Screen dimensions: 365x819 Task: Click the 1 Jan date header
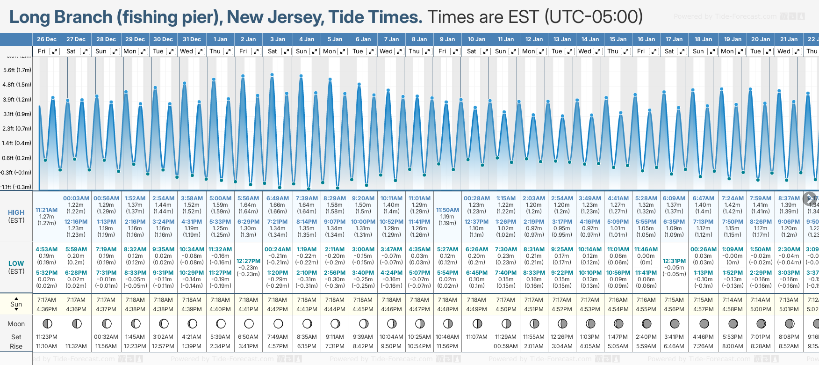coord(220,39)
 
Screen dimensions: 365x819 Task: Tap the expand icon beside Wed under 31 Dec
coord(200,51)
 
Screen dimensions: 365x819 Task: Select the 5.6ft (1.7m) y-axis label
coord(17,70)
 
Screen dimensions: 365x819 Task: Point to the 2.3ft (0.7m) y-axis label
coord(17,128)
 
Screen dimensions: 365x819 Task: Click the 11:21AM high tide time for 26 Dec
coord(46,210)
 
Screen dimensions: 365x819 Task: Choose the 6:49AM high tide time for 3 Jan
coord(277,198)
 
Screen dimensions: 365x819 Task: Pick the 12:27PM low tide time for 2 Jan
coord(248,261)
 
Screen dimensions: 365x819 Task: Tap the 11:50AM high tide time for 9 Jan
coord(447,210)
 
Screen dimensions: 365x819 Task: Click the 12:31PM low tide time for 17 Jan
coord(674,261)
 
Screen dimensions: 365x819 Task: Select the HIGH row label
coord(16,212)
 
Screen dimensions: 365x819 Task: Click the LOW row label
coord(16,263)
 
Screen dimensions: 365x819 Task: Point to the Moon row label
coord(16,324)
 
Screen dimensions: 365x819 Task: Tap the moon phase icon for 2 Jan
coord(249,324)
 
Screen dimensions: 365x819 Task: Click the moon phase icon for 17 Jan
coord(675,324)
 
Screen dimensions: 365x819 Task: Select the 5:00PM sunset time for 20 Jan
coord(761,309)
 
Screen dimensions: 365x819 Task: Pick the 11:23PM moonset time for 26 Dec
coord(46,337)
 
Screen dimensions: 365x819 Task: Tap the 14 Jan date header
coord(590,39)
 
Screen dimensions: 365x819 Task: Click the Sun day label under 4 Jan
coord(302,51)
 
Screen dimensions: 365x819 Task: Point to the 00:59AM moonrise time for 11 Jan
coord(506,346)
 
